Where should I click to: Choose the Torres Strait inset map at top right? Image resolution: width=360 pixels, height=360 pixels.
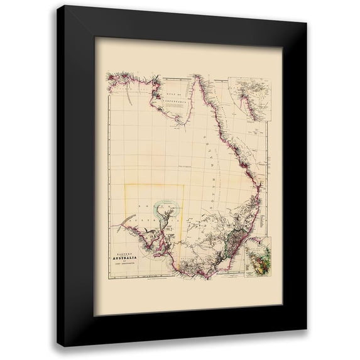[x=247, y=98]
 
